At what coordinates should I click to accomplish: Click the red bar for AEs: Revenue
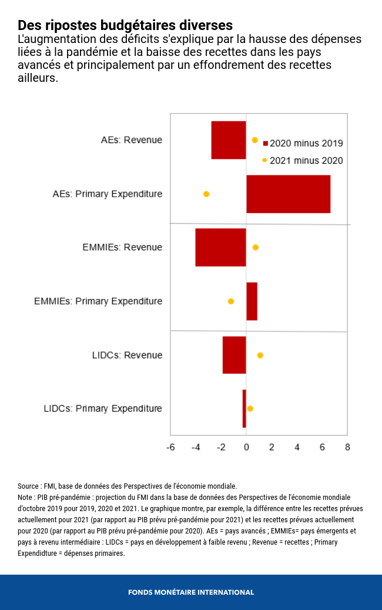[229, 140]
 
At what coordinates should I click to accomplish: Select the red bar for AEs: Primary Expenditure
[288, 194]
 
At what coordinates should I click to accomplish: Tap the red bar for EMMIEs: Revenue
[220, 247]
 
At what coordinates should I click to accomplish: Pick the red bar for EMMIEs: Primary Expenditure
[252, 301]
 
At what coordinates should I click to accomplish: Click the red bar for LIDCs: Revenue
[234, 355]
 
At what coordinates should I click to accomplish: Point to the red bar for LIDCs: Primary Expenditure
[244, 409]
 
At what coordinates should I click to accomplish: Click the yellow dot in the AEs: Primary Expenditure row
[206, 194]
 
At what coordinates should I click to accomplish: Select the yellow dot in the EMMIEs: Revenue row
[255, 247]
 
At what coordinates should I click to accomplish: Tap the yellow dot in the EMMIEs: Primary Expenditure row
[231, 301]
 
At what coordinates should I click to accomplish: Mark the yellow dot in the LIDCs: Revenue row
[260, 355]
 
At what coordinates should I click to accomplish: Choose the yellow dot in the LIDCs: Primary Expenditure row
[250, 409]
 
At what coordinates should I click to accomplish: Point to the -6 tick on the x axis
[170, 447]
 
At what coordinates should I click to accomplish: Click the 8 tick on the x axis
[347, 447]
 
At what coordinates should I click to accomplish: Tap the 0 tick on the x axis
[246, 447]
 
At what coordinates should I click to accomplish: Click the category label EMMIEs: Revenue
[122, 247]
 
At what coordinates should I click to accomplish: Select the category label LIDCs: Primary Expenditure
[103, 409]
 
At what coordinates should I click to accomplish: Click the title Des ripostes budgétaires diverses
[125, 25]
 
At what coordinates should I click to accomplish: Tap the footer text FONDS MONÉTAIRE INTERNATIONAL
[191, 592]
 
